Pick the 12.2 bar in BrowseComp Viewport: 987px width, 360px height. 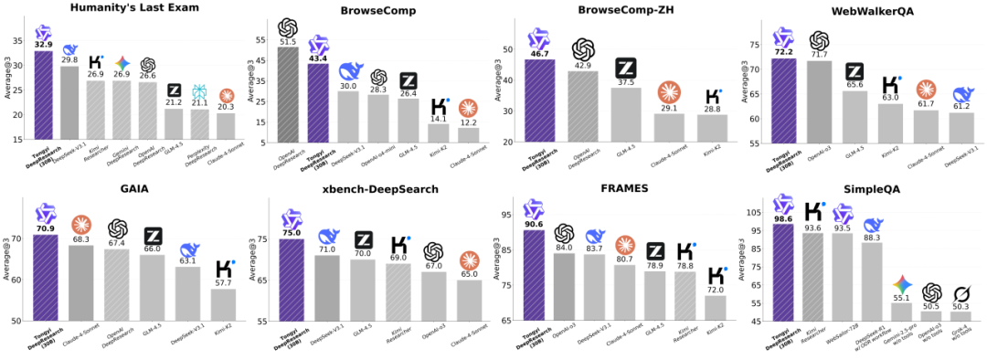coord(468,134)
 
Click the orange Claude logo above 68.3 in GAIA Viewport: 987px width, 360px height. coord(82,225)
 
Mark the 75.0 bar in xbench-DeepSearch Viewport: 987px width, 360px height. coord(291,279)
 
